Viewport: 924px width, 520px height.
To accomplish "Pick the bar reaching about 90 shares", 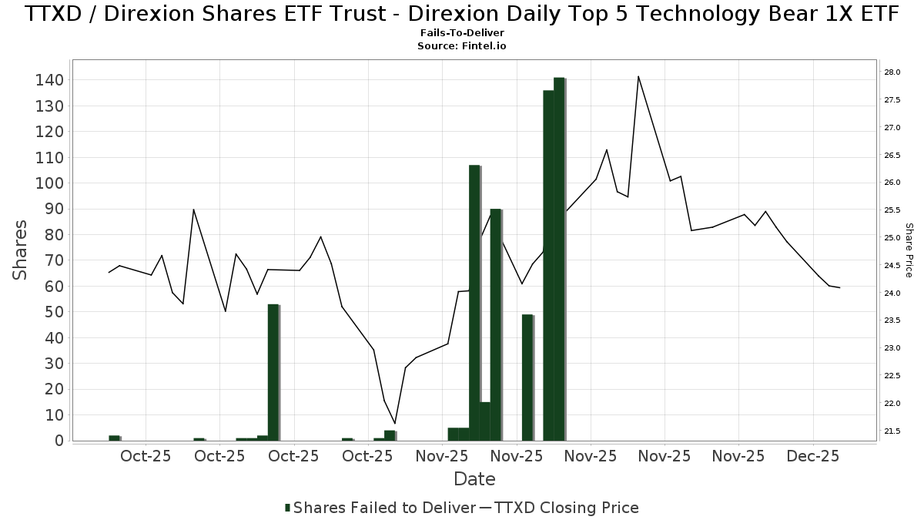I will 496,324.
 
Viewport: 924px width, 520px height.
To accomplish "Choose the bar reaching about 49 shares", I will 527,377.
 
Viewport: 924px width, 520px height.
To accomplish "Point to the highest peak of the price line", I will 638,76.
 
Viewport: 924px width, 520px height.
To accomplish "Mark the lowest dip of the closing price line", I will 395,423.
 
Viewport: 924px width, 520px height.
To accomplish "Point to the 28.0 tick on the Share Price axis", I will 892,72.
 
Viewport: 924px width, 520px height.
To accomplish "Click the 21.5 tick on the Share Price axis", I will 892,431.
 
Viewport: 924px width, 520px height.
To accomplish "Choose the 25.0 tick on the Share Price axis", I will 892,238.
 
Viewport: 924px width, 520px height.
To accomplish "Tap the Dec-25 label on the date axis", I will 813,456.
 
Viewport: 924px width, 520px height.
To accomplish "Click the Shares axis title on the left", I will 21,250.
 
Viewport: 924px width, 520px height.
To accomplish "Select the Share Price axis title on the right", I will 909,250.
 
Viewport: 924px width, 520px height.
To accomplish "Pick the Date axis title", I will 474,479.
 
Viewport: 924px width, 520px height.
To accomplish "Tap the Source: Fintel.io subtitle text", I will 462,45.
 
